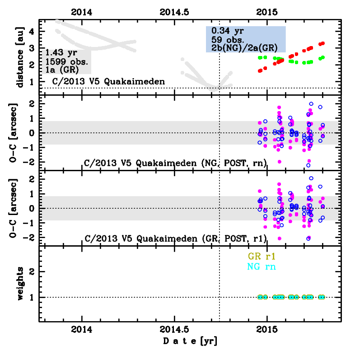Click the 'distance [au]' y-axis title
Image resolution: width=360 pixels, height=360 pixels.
[20, 56]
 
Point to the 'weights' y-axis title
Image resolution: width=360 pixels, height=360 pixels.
[20, 283]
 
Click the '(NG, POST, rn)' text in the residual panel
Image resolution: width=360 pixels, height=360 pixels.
[235, 163]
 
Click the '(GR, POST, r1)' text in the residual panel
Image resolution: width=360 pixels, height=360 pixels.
[235, 238]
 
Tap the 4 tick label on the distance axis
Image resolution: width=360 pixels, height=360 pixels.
[32, 31]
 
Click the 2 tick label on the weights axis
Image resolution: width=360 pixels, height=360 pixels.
[32, 272]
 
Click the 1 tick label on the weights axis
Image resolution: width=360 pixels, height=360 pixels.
[32, 297]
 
